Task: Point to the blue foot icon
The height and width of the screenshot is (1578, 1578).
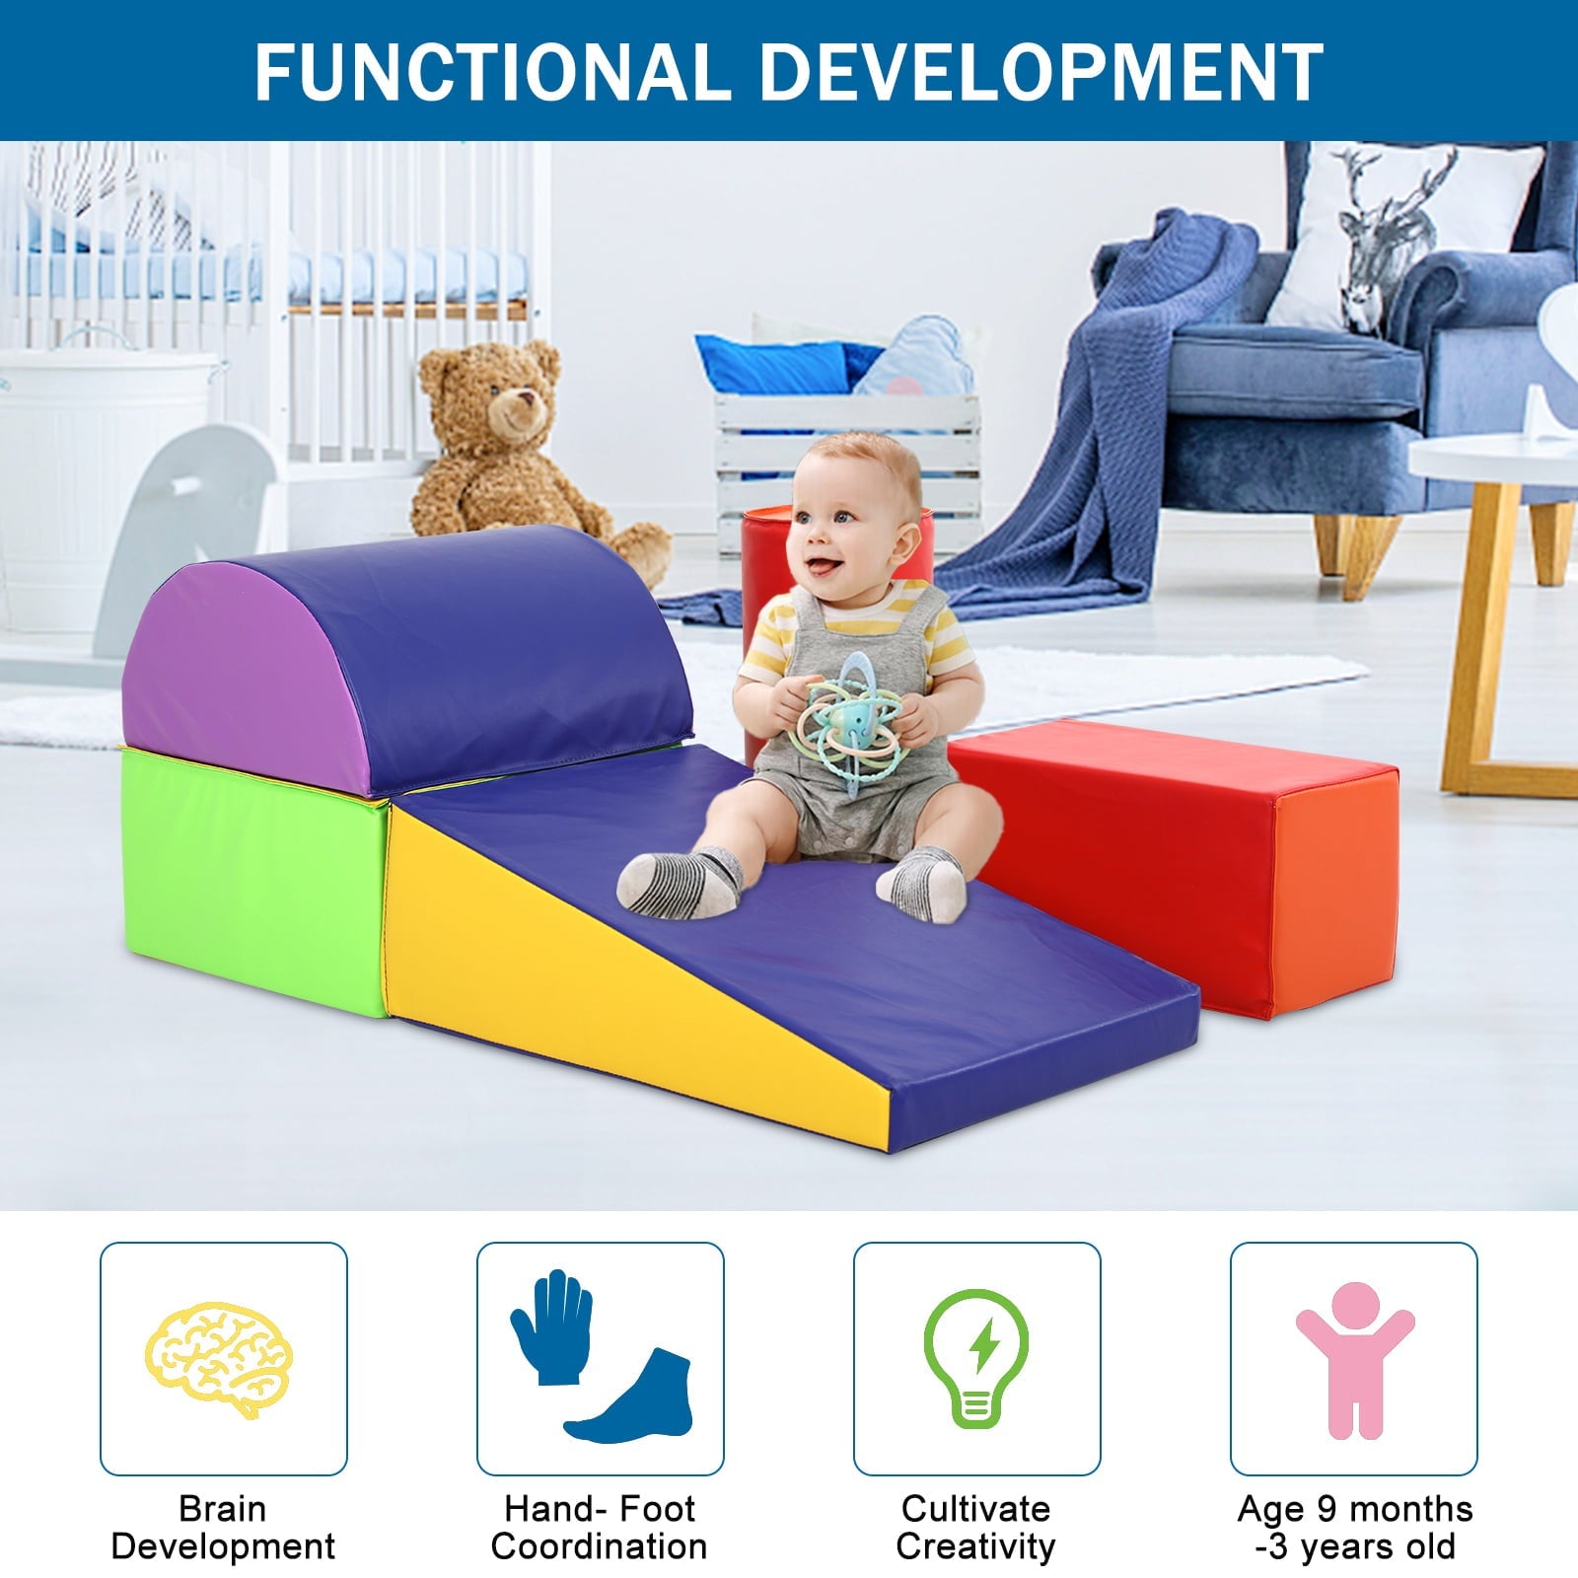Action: pyautogui.click(x=631, y=1400)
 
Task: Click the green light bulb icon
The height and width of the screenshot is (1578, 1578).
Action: pyautogui.click(x=976, y=1357)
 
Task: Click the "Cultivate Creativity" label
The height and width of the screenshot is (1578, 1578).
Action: pyautogui.click(x=976, y=1527)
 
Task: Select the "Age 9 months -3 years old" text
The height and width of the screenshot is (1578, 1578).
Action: pyautogui.click(x=1355, y=1527)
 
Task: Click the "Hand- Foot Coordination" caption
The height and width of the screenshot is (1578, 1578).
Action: pyautogui.click(x=600, y=1527)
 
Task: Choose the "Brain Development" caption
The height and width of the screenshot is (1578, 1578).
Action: pyautogui.click(x=223, y=1527)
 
